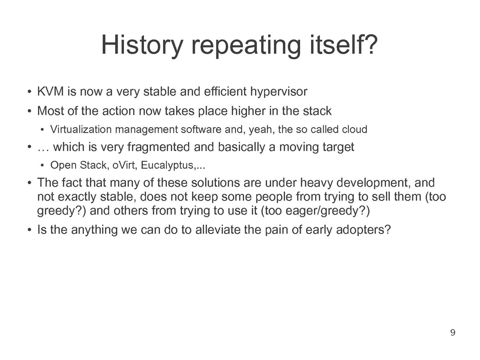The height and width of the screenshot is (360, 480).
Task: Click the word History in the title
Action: [142, 46]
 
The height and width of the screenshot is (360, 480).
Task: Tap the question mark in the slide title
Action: [371, 44]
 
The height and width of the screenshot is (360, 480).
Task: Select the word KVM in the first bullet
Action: [50, 91]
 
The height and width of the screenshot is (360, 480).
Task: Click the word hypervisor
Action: [279, 92]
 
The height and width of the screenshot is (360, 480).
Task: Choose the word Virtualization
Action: [81, 129]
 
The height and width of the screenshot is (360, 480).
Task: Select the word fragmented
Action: [158, 147]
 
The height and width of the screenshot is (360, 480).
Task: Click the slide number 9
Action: [453, 332]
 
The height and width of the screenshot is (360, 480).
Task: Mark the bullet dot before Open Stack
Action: [42, 165]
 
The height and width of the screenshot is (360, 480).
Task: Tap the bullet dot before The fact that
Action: [30, 183]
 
